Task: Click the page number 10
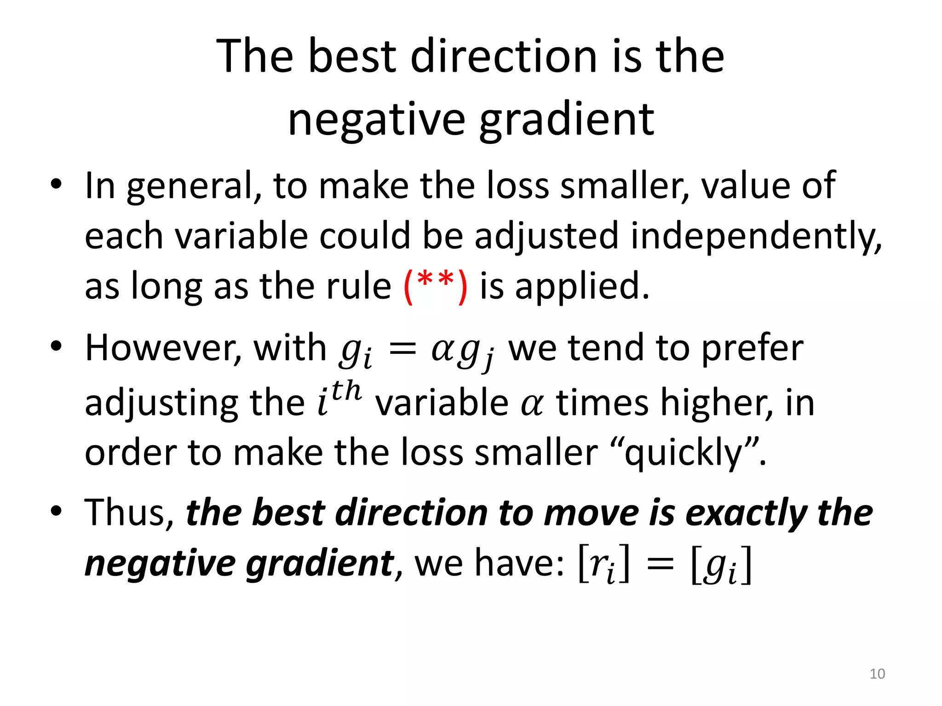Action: click(877, 673)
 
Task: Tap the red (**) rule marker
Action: click(436, 286)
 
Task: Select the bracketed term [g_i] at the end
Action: click(721, 565)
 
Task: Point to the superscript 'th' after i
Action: click(346, 391)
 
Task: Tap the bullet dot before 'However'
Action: click(56, 347)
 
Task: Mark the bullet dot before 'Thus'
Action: click(56, 511)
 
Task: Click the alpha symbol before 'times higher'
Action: click(532, 404)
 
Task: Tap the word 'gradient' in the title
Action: click(567, 120)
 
